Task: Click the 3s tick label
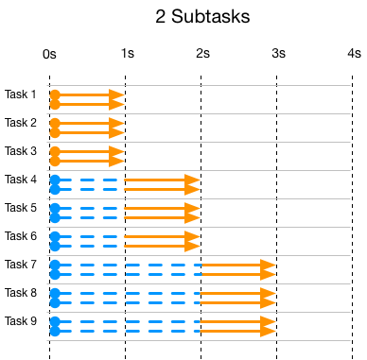[x=276, y=55]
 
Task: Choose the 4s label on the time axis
[x=352, y=55]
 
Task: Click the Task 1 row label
[x=21, y=94]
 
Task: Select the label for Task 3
[x=21, y=151]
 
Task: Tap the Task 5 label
[x=21, y=208]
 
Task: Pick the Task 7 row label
[x=21, y=265]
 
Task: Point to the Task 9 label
[x=21, y=321]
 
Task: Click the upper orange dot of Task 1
[x=55, y=94]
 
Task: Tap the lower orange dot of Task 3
[x=55, y=162]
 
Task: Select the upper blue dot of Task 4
[x=55, y=180]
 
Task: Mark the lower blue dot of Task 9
[x=55, y=332]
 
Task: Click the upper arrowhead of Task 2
[x=117, y=123]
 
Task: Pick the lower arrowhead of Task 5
[x=193, y=218]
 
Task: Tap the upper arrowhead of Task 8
[x=269, y=293]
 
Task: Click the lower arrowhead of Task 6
[x=193, y=247]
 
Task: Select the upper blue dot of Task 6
[x=55, y=236]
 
